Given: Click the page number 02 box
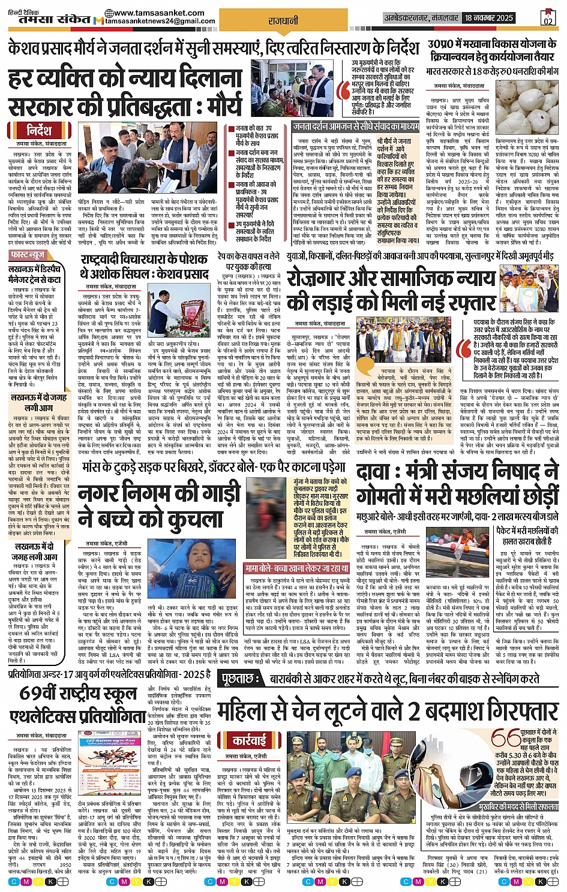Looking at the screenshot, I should coord(547,17).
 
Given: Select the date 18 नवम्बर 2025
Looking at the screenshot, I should coord(489,18).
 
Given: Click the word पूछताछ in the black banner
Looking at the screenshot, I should coord(241,679).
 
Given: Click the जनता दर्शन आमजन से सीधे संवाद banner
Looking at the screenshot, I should coord(356,126).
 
